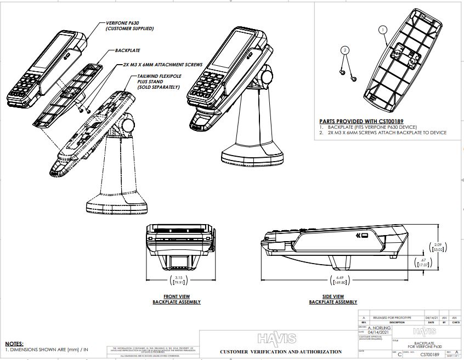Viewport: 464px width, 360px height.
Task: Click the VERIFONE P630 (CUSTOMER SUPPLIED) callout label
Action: coord(129,26)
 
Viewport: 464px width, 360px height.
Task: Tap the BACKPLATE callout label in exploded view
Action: coord(128,50)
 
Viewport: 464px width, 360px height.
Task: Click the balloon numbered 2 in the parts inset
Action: coord(344,50)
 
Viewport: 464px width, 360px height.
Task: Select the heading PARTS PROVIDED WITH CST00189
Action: coord(361,121)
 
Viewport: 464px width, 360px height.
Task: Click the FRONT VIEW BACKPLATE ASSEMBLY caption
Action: coord(176,299)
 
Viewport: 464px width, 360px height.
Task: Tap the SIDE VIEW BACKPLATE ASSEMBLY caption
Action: coord(333,299)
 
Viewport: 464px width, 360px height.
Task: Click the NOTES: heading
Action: coord(14,343)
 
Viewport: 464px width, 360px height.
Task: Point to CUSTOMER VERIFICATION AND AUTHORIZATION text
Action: coord(280,352)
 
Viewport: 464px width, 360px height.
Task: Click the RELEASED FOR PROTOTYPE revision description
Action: coord(392,317)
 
